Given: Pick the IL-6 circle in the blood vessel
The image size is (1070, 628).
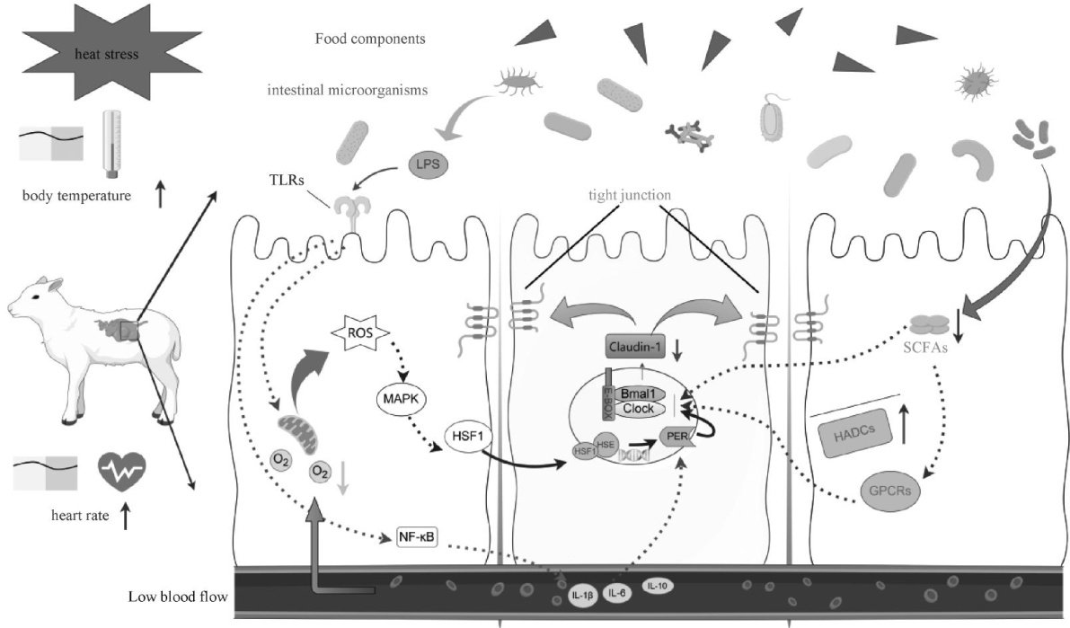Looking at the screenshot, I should pyautogui.click(x=616, y=591).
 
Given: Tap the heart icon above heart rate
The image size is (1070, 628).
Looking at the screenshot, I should pyautogui.click(x=120, y=472).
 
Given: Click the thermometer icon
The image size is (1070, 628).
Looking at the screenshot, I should pyautogui.click(x=111, y=143).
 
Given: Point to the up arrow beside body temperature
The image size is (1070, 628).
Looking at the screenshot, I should pyautogui.click(x=160, y=195).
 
